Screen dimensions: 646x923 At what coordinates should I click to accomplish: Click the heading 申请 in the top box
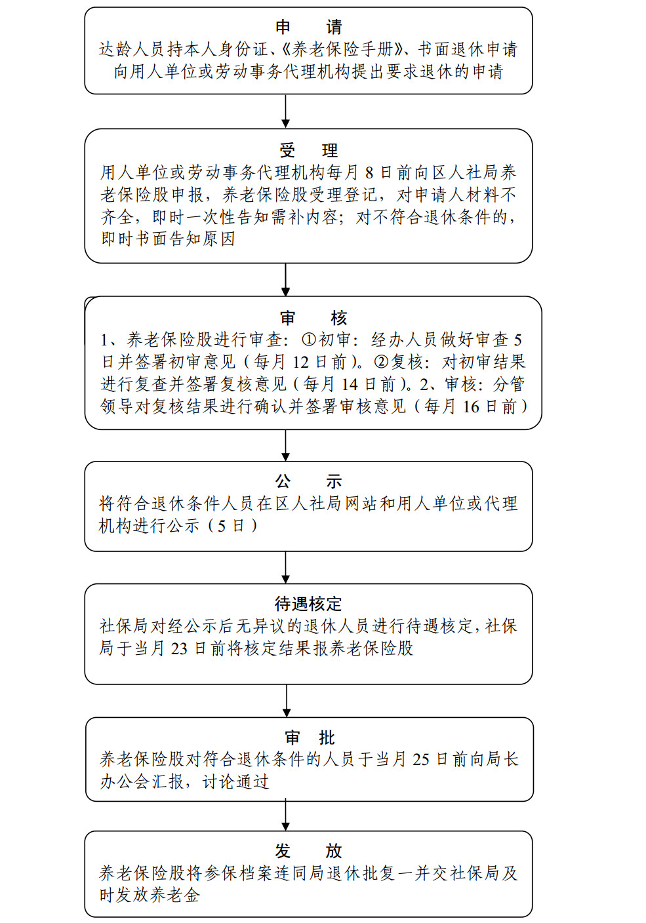pos(309,27)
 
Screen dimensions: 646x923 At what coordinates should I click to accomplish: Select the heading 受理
pos(309,150)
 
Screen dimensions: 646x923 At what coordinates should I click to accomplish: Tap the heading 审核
pos(313,318)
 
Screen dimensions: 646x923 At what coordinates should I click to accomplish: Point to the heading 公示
pos(309,481)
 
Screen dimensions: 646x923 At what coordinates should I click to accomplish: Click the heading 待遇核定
pos(308,604)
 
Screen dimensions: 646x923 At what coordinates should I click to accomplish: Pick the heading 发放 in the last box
pos(309,851)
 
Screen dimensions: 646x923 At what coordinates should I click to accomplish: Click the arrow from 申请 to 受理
pos(285,111)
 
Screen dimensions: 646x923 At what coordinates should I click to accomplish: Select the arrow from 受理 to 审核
pos(285,280)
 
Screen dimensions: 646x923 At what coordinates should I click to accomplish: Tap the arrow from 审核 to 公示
pos(285,445)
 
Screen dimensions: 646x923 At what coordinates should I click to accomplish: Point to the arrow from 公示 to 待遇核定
pos(285,568)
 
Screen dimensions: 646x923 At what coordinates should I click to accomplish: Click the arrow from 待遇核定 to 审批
pos(287,701)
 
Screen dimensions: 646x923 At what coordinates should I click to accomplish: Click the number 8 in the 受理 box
pos(369,173)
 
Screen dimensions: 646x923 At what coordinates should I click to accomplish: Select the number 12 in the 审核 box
pos(300,363)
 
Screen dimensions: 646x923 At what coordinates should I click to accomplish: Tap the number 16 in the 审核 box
pos(471,407)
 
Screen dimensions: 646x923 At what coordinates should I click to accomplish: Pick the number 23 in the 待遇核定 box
pos(179,649)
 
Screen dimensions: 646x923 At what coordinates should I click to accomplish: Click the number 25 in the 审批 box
pos(421,759)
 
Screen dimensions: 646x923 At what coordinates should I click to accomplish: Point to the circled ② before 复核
pos(380,362)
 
